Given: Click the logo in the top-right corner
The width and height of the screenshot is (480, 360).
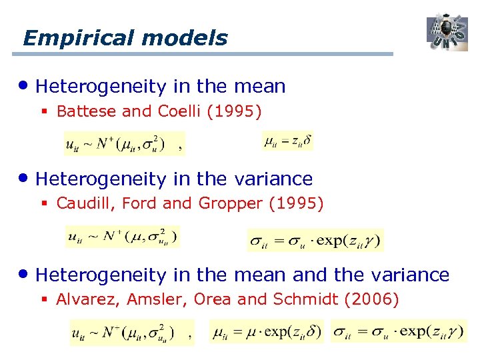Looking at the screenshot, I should (x=447, y=32).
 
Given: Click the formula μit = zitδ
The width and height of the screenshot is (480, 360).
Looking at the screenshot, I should (x=287, y=141).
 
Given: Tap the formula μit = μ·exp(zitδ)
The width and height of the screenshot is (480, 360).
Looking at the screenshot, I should (x=266, y=331).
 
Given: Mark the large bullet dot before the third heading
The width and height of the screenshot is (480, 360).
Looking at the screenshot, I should (x=25, y=274).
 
